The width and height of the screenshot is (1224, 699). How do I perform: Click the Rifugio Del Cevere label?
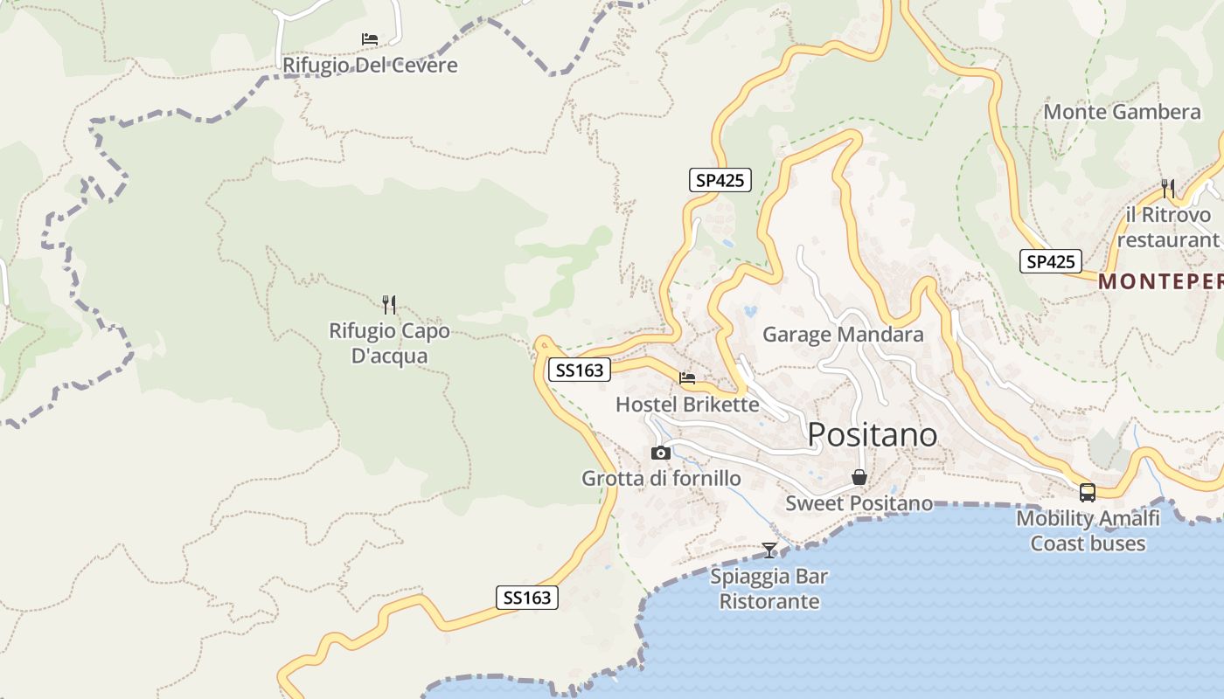(370, 66)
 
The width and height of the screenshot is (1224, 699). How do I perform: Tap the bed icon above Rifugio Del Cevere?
(370, 39)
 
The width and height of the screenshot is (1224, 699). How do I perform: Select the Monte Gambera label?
(1122, 112)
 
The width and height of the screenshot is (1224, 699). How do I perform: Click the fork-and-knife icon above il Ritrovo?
(1167, 187)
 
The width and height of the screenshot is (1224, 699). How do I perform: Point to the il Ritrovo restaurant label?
(1168, 227)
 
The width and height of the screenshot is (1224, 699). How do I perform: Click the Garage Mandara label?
(843, 335)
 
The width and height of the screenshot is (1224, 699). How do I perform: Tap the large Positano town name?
(872, 434)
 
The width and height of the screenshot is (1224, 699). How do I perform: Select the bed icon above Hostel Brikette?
(687, 378)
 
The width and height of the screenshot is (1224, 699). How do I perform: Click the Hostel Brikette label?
(687, 405)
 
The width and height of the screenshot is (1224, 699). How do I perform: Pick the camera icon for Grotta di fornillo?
(661, 453)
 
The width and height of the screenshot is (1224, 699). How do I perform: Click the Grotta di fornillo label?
(661, 479)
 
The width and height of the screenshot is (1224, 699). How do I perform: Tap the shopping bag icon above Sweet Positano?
(859, 477)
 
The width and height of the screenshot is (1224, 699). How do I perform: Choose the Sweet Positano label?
(859, 503)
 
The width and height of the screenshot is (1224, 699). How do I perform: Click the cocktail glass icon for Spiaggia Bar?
(769, 550)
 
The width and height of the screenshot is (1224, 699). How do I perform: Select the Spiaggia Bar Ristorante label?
(769, 589)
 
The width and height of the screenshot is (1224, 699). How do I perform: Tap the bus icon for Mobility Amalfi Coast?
(1088, 493)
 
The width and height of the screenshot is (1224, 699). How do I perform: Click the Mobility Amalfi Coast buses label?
(1088, 531)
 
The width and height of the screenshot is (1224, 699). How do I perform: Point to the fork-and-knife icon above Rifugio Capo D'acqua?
(389, 304)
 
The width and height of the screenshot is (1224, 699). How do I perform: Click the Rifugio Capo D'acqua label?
(389, 343)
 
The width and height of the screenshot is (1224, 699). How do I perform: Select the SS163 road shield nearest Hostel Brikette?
(580, 370)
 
